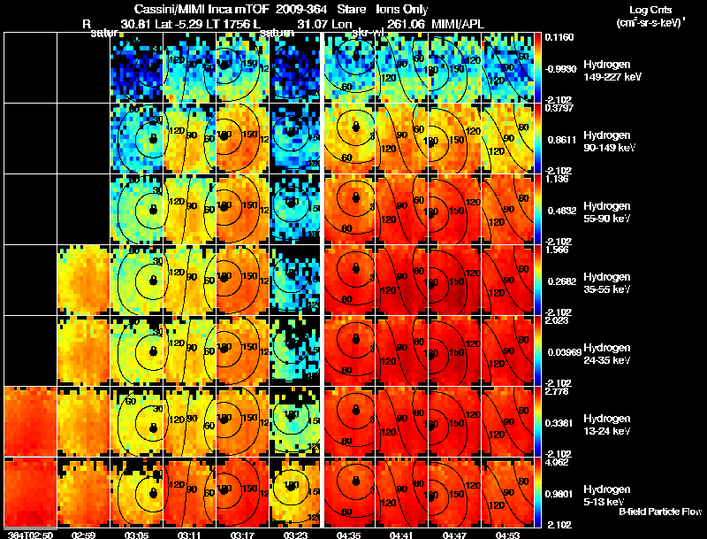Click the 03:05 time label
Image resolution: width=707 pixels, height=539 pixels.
[x=136, y=535]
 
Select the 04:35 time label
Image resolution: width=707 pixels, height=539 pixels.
[x=348, y=535]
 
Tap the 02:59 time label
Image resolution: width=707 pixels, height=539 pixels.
[x=83, y=535]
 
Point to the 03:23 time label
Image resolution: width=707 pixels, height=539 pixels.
[x=295, y=535]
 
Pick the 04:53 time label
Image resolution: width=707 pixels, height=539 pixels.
[x=507, y=535]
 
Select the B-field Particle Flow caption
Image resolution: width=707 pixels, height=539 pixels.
[x=659, y=512]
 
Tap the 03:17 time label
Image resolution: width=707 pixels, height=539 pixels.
[x=242, y=535]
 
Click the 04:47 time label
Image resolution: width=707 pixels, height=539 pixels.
[x=454, y=535]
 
